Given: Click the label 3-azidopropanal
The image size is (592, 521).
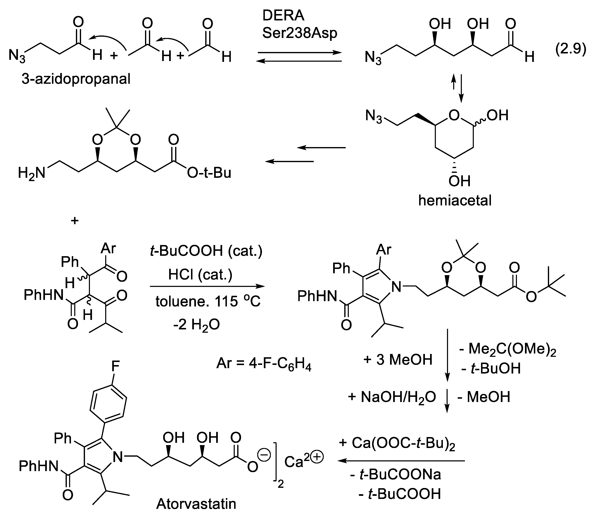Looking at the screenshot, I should (76, 79).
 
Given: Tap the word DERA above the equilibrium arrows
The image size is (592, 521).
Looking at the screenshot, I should (283, 16).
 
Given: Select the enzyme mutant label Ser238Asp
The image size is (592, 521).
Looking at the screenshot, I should (300, 33).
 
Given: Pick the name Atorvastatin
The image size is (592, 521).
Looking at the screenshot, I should (196, 504).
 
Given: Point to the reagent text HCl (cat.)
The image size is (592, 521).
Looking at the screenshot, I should (200, 274).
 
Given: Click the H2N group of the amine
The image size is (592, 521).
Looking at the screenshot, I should (32, 173).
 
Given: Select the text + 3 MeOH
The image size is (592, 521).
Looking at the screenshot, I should (398, 360).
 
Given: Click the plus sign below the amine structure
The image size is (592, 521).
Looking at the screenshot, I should (74, 221).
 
